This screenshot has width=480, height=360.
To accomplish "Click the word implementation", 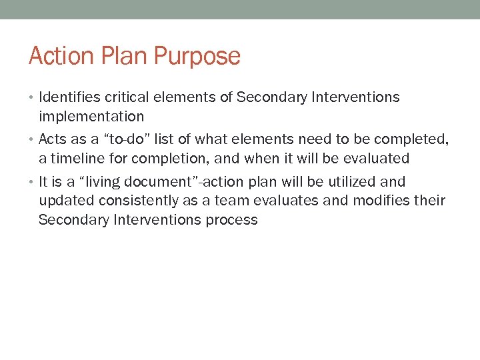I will click(x=91, y=117).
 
